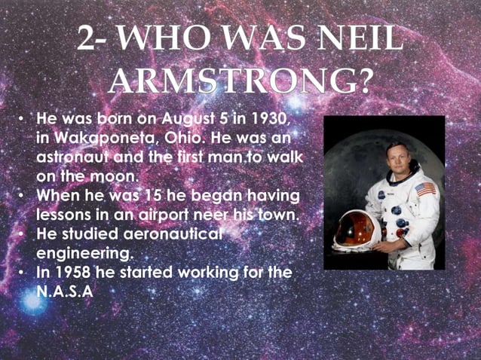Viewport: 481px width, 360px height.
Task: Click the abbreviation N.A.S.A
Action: pos(65,291)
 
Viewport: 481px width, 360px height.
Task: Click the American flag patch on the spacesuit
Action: pos(424,188)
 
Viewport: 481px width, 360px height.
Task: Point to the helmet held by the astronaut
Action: pos(357,230)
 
